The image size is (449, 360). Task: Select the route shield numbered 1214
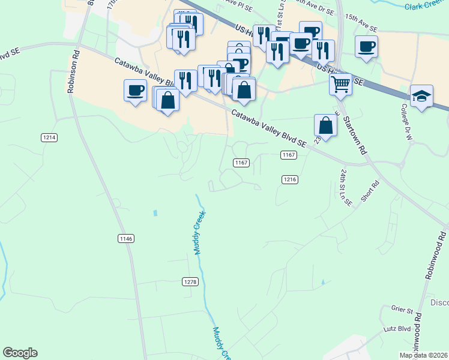[x=49, y=137]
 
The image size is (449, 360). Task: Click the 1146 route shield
[x=125, y=239]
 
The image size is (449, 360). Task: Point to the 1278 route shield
[x=190, y=281]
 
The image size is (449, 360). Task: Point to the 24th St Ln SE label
[x=345, y=188]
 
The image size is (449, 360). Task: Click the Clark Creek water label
[x=426, y=7]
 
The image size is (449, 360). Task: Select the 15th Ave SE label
[x=361, y=28]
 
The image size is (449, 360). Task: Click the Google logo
[x=20, y=353]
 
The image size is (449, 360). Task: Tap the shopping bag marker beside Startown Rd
[x=325, y=126]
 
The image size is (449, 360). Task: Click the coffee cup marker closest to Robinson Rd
[x=135, y=91]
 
